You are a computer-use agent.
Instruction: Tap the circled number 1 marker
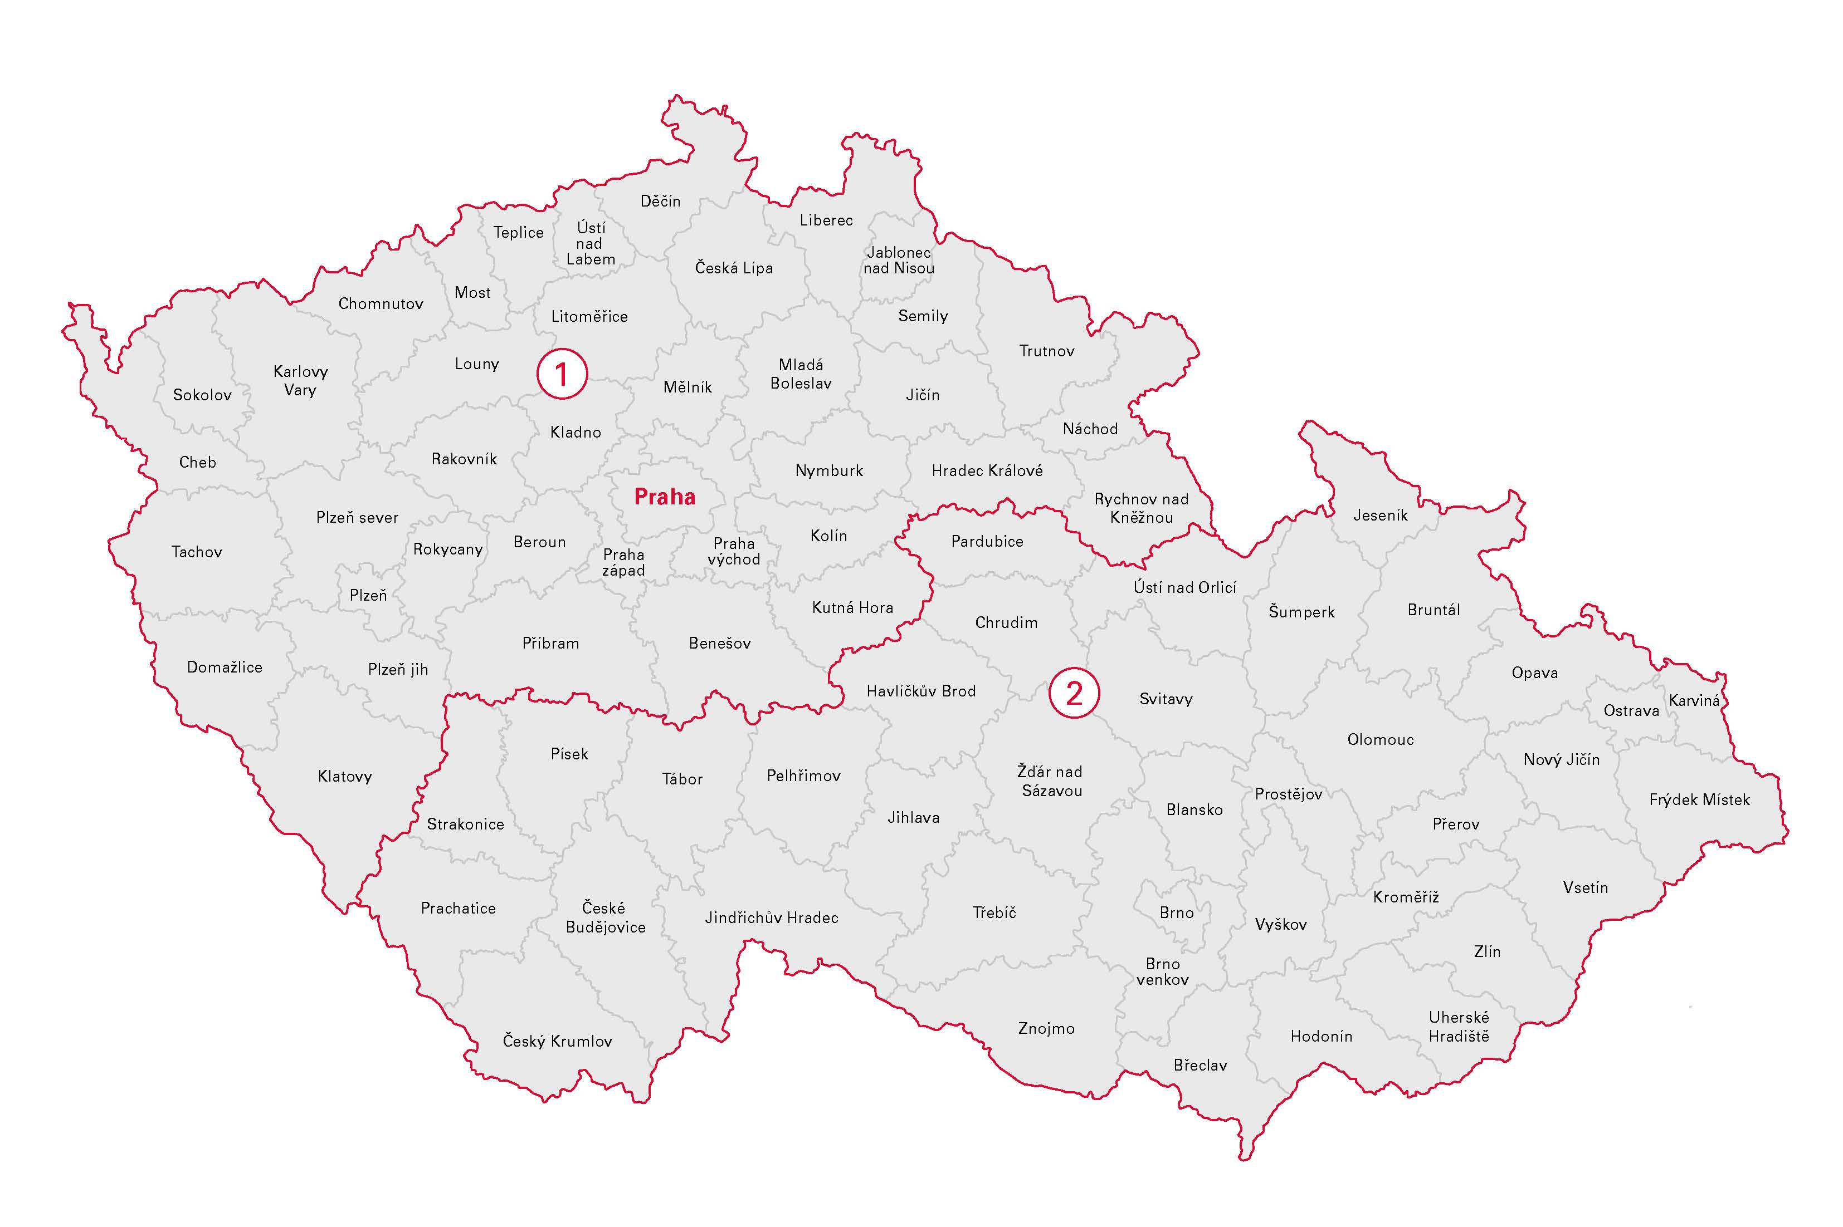pyautogui.click(x=562, y=374)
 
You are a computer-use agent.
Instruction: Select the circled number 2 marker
pyautogui.click(x=1074, y=693)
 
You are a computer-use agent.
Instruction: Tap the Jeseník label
pyautogui.click(x=1380, y=515)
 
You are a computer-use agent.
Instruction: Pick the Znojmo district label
pyautogui.click(x=1046, y=1028)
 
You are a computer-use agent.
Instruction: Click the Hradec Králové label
pyautogui.click(x=987, y=470)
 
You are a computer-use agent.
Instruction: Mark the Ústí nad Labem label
pyautogui.click(x=591, y=243)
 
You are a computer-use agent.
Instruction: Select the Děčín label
pyautogui.click(x=660, y=201)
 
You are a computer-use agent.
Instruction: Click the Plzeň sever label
pyautogui.click(x=357, y=517)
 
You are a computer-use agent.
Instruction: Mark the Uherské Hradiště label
pyautogui.click(x=1459, y=1027)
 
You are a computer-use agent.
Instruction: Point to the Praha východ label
pyautogui.click(x=734, y=551)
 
